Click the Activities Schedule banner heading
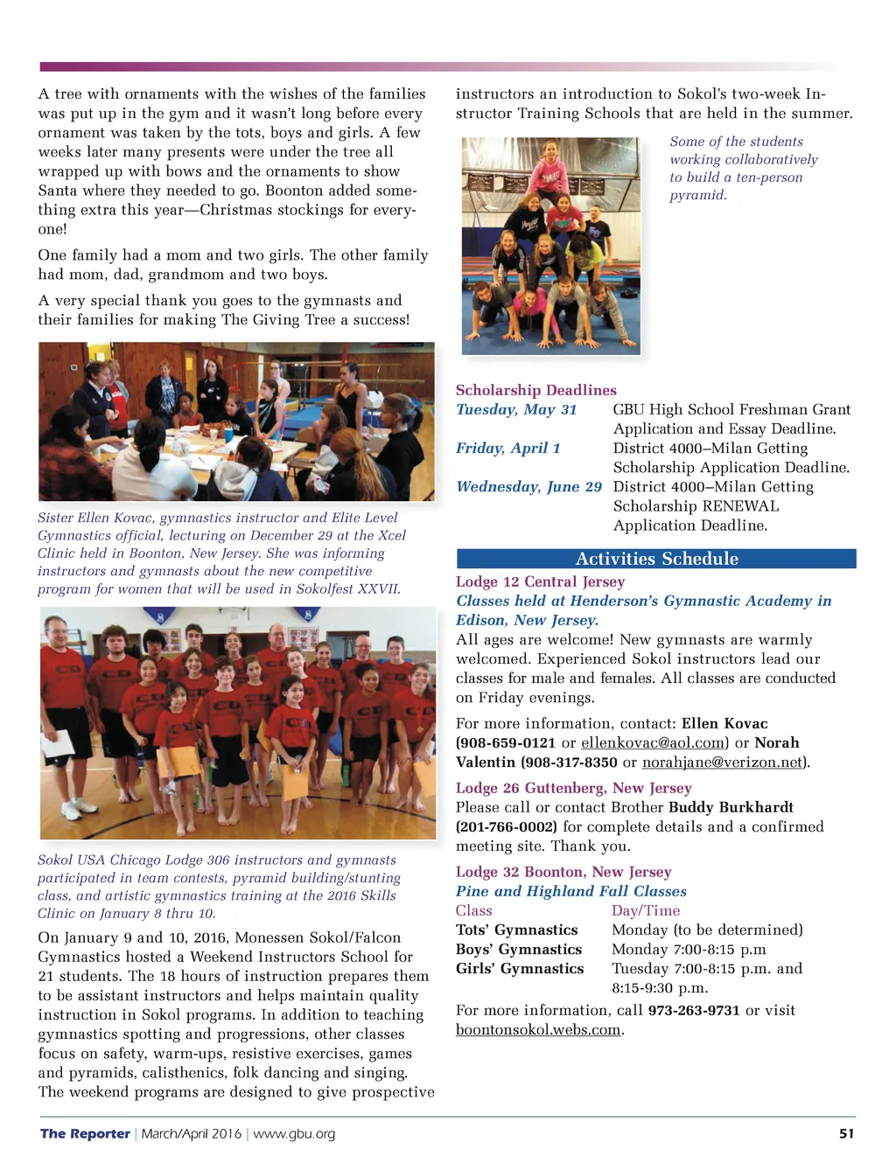656,559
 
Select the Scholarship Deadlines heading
535,390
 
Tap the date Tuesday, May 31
516,409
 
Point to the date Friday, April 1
507,448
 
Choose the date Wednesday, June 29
528,486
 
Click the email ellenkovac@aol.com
654,742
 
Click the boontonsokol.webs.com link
538,1029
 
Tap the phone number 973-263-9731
693,1010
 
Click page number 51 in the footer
846,1133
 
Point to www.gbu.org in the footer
294,1133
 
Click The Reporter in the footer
85,1133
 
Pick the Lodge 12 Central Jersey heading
540,581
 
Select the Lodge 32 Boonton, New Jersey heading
563,872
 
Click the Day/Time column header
645,910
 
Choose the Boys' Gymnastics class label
518,949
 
